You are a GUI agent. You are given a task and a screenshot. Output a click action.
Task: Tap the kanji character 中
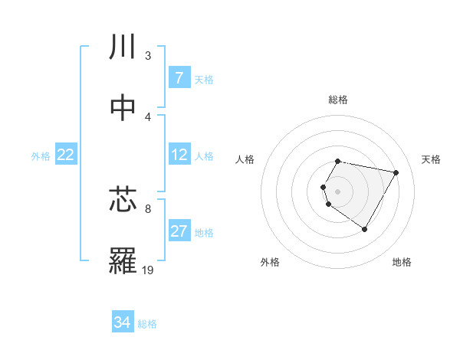point(123,108)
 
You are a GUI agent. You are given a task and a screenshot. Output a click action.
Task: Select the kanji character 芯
point(123,200)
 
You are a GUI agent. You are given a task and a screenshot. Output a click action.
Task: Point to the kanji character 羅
point(123,261)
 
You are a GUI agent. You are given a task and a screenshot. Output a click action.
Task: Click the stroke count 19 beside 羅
point(148,270)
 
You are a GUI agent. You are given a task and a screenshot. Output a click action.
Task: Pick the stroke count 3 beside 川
point(148,56)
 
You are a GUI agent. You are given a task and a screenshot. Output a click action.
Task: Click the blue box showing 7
point(179,78)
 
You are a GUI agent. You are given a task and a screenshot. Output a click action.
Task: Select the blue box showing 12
point(179,155)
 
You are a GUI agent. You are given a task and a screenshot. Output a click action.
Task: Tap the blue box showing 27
point(179,231)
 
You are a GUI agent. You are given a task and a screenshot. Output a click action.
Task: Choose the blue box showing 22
point(66,155)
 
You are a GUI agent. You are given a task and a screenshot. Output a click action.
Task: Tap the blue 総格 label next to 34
point(147,324)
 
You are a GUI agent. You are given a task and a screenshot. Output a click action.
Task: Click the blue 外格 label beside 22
point(41,156)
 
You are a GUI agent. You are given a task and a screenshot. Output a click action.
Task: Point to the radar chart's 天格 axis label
point(432,159)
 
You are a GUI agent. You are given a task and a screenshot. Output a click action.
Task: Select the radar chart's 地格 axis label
point(402,263)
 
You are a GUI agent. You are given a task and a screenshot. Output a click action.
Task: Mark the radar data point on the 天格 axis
point(396,172)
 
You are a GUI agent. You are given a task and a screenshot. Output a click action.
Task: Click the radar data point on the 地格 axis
point(364,229)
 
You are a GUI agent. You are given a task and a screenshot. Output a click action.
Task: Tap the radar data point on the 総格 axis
point(337,161)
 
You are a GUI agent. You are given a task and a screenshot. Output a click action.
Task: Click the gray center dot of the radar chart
point(337,191)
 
